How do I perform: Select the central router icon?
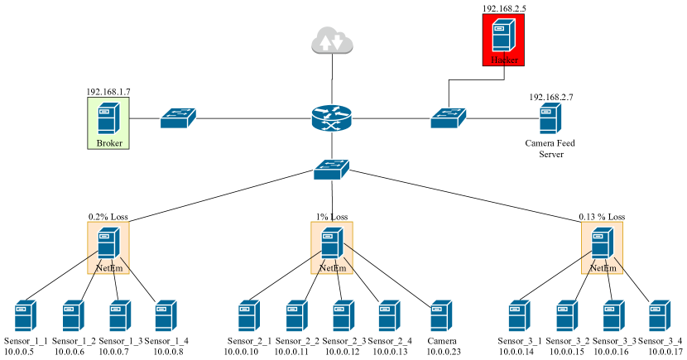[x=332, y=119]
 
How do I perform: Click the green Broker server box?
[x=109, y=122]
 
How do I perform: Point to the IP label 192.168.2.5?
[x=504, y=8]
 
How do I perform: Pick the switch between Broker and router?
[x=178, y=117]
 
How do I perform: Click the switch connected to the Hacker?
[x=449, y=118]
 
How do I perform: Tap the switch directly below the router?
[x=332, y=170]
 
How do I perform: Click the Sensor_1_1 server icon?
[x=26, y=317]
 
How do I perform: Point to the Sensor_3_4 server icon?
[x=660, y=317]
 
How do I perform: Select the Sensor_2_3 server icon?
[x=343, y=317]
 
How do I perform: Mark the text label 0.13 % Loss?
[x=602, y=217]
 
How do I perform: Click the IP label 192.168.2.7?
[x=551, y=97]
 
